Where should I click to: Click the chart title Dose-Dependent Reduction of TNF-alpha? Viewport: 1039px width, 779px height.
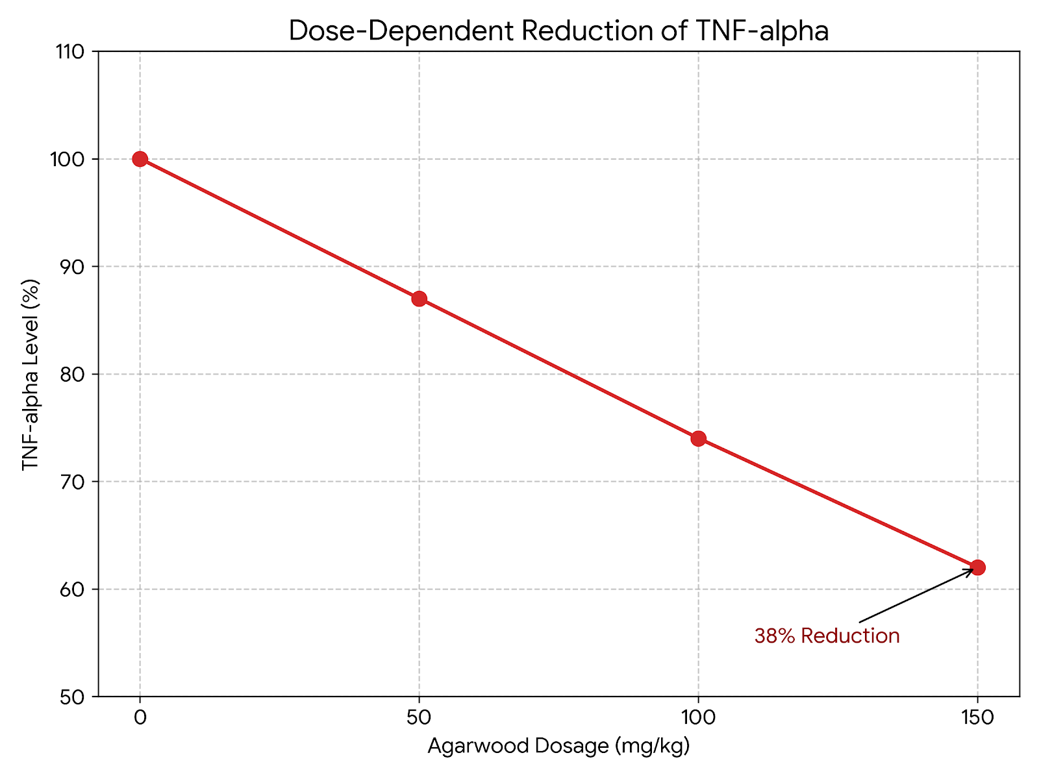point(558,31)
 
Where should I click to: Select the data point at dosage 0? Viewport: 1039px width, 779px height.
point(140,159)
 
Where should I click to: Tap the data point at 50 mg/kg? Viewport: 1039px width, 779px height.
point(419,299)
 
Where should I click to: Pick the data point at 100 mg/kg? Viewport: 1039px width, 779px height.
point(698,438)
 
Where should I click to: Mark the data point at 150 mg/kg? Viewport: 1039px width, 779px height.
point(977,567)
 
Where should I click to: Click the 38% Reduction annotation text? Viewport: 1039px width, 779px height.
point(827,636)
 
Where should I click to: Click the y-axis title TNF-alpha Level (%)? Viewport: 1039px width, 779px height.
point(31,375)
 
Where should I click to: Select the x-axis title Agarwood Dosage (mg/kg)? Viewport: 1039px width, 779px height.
point(558,747)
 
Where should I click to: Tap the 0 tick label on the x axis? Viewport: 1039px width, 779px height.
point(140,718)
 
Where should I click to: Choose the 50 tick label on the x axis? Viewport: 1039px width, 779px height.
point(419,718)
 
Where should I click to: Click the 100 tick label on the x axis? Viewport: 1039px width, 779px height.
point(698,718)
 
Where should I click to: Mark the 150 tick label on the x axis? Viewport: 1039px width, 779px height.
point(977,718)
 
